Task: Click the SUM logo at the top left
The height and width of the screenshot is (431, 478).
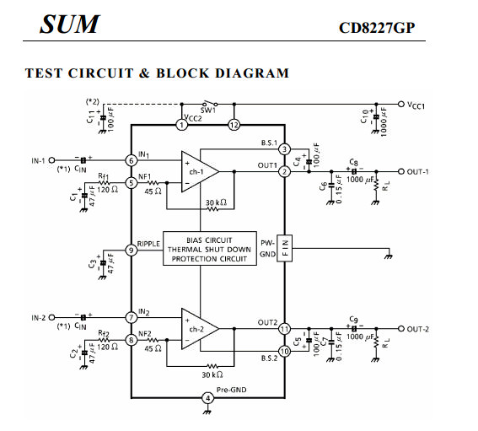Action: click(x=69, y=24)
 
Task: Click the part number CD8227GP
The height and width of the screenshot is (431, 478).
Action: click(x=377, y=28)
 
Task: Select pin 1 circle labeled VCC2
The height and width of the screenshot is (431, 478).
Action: click(x=182, y=125)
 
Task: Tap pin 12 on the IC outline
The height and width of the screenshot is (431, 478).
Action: click(x=234, y=125)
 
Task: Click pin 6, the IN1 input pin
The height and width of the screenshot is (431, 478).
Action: click(x=132, y=160)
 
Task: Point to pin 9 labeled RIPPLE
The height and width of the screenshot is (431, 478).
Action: click(x=132, y=251)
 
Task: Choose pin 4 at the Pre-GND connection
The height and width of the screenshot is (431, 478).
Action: click(x=208, y=398)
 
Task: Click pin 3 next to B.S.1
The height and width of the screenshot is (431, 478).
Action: click(x=284, y=149)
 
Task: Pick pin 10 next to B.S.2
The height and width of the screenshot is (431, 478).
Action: click(x=284, y=352)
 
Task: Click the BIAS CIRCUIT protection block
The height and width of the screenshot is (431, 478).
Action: click(x=210, y=249)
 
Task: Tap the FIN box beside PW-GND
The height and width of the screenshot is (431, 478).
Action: click(x=284, y=248)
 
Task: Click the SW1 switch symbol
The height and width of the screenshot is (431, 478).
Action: click(x=211, y=104)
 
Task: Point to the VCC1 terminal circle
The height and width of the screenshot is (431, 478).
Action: click(x=401, y=104)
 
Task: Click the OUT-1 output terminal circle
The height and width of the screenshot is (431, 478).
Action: click(x=401, y=171)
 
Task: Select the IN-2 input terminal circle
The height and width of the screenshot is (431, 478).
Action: click(x=51, y=317)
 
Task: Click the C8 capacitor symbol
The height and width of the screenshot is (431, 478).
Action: click(x=354, y=171)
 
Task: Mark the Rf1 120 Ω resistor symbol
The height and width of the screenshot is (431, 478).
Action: click(x=104, y=183)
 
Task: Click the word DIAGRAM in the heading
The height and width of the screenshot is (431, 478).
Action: click(x=252, y=73)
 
